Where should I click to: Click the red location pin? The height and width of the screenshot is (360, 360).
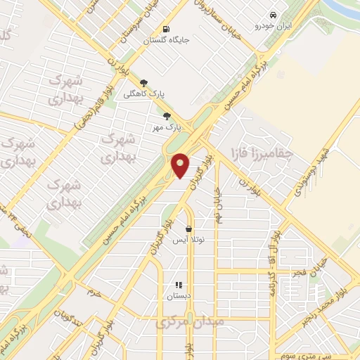click(181, 165)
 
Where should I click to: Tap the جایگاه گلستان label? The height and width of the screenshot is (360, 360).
click(185, 40)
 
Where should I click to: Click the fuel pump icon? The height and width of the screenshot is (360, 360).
click(166, 30)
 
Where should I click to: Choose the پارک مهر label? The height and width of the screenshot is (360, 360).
click(168, 128)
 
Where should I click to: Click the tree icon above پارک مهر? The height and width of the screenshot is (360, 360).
click(167, 117)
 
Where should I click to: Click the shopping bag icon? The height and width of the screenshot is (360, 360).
click(188, 229)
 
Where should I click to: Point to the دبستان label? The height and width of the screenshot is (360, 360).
click(179, 297)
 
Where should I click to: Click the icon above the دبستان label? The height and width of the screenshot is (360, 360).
click(179, 285)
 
